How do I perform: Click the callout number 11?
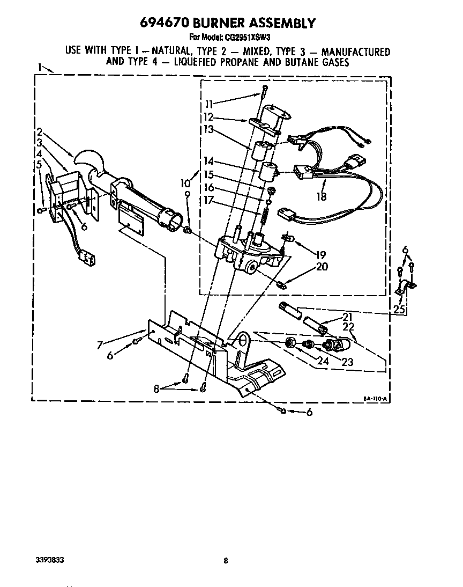click(x=208, y=104)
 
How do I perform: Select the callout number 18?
click(x=321, y=196)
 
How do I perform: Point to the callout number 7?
click(x=100, y=345)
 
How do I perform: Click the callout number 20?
click(x=322, y=267)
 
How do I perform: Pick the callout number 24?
click(x=322, y=361)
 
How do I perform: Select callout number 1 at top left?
click(x=40, y=67)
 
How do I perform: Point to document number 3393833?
click(x=48, y=560)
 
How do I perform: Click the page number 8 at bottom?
click(x=226, y=561)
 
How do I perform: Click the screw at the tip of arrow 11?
click(x=265, y=90)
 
